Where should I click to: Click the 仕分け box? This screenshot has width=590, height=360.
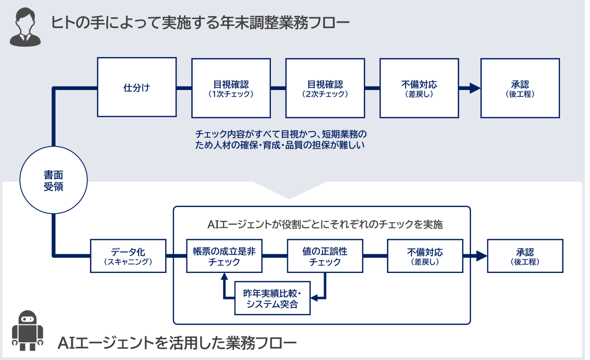point(137,88)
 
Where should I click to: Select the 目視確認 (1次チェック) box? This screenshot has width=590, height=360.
point(231,88)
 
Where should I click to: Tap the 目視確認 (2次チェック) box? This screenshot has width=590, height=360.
point(325,88)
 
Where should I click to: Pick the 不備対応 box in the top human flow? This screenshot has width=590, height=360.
point(419,88)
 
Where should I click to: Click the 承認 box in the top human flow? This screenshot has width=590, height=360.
point(520,88)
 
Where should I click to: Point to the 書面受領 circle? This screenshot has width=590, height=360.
point(53,180)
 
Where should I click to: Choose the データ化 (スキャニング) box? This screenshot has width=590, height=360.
point(128,256)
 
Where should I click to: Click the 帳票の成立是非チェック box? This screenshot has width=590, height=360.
point(224,256)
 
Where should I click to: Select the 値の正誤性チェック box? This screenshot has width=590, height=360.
point(324,256)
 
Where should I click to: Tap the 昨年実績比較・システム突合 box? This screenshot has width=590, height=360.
point(272,299)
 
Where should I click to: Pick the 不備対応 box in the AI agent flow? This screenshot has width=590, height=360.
point(425,256)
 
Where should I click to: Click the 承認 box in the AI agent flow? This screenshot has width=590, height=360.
point(525,256)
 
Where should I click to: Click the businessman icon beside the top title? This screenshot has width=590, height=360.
point(25,27)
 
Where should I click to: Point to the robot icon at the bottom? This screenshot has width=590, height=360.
point(28,330)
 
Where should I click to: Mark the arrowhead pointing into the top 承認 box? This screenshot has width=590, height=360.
point(474,88)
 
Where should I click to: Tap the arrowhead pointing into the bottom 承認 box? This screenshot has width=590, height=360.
point(481,256)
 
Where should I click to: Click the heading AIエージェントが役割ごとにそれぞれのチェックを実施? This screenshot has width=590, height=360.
point(325,225)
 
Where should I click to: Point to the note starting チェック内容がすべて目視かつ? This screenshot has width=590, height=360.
point(281,139)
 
